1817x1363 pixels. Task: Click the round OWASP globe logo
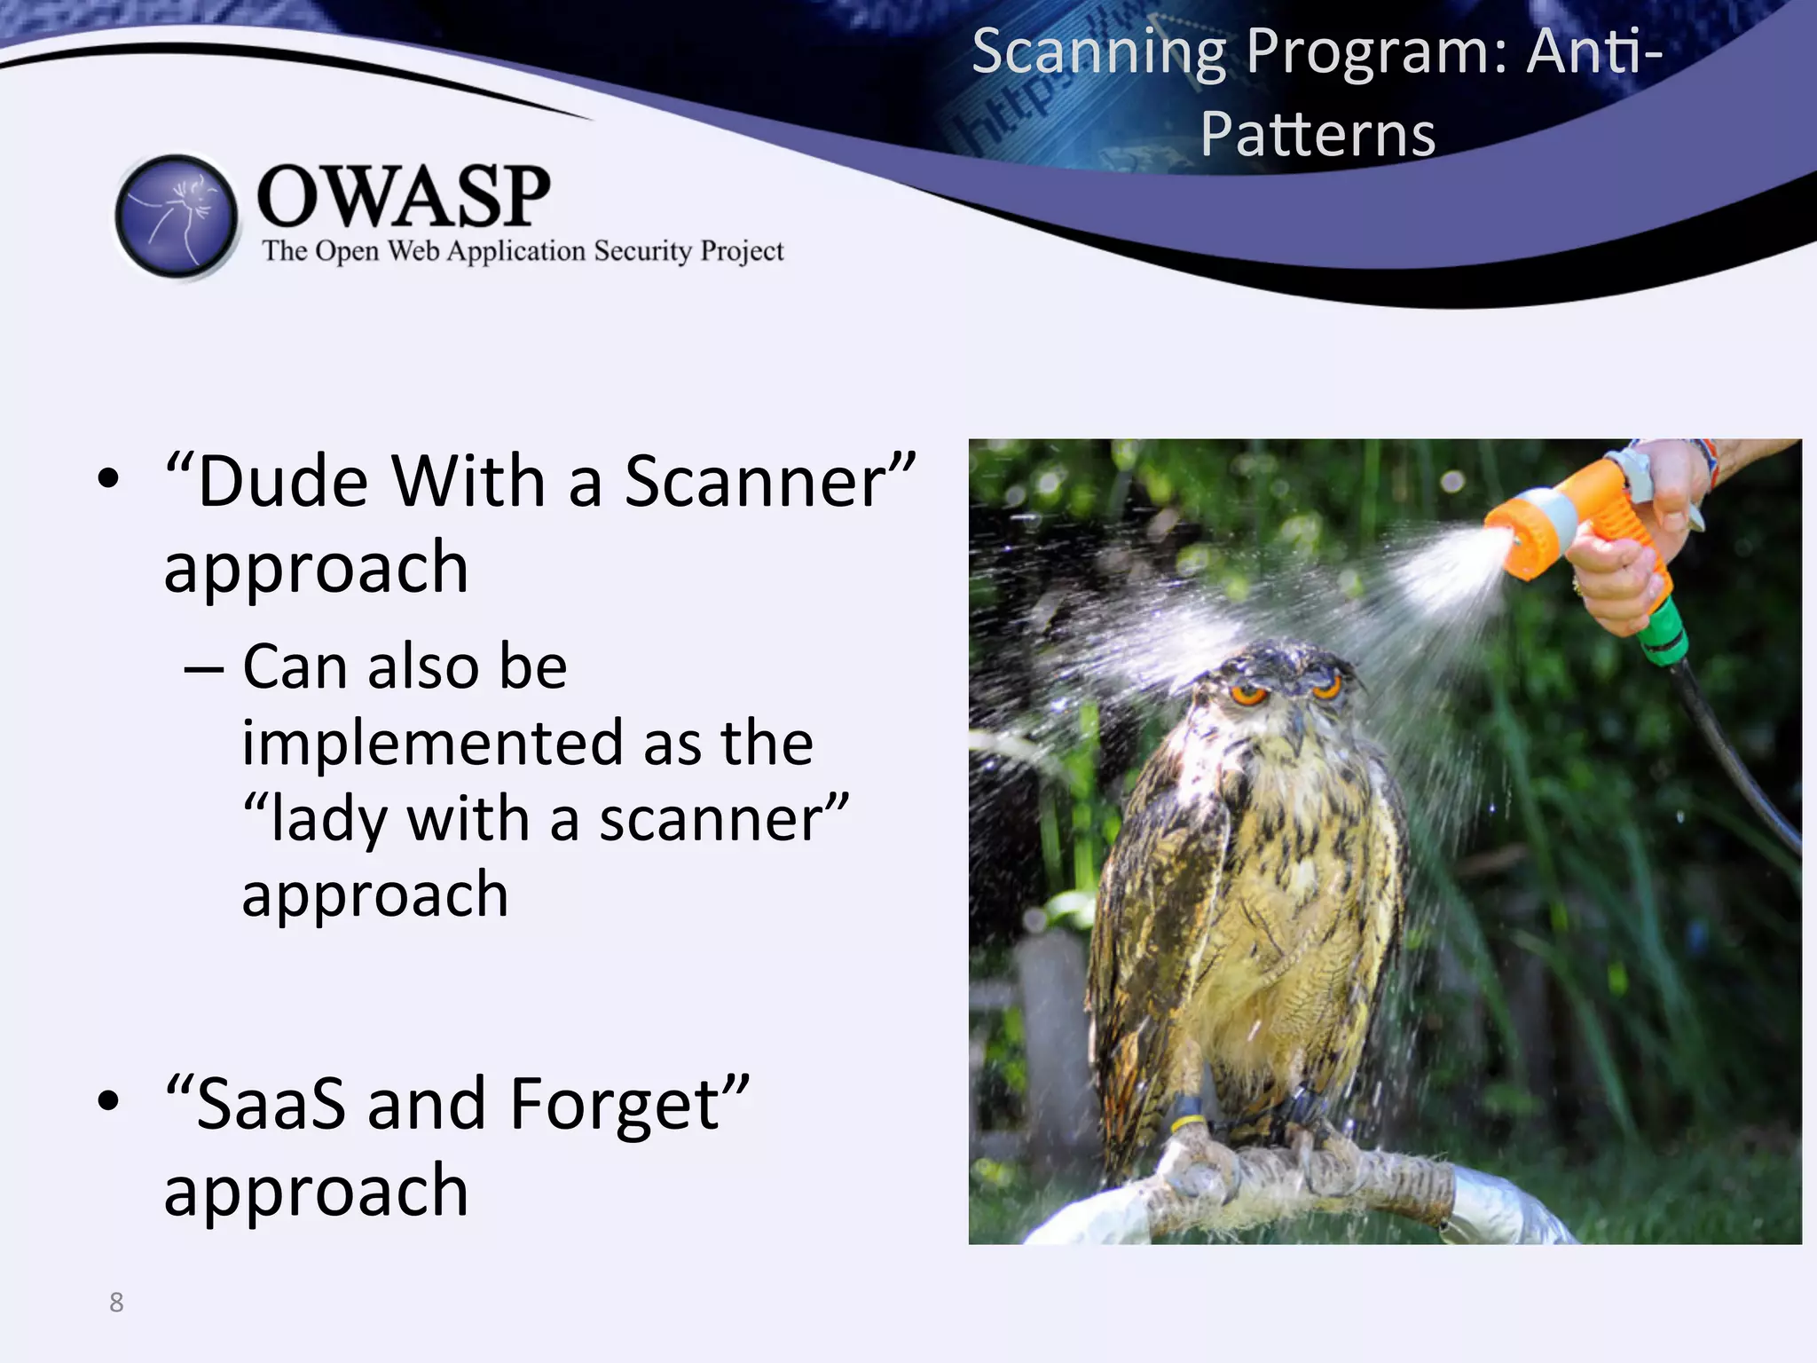coord(177,216)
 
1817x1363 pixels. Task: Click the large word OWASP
coord(403,196)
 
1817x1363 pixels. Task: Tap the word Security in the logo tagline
coord(642,251)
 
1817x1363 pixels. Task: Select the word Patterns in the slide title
coord(1318,134)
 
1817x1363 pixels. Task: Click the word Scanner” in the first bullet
coord(768,482)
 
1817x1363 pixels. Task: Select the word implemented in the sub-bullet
coord(432,743)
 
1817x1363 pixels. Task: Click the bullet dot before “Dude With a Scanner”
coord(108,479)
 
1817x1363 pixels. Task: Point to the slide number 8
coord(116,1302)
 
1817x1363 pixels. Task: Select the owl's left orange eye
coord(1249,695)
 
